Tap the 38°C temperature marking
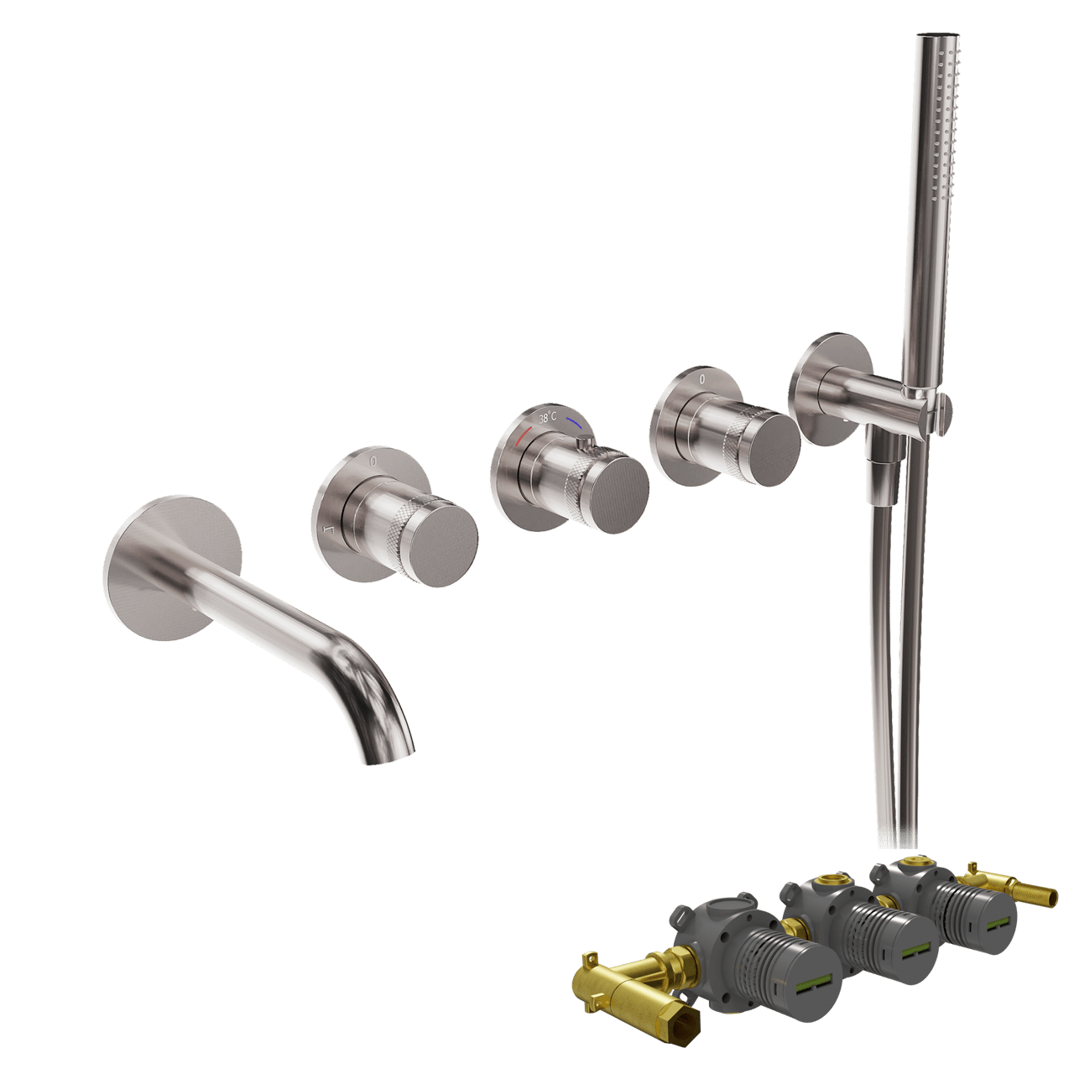547,417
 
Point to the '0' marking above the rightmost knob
701,379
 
